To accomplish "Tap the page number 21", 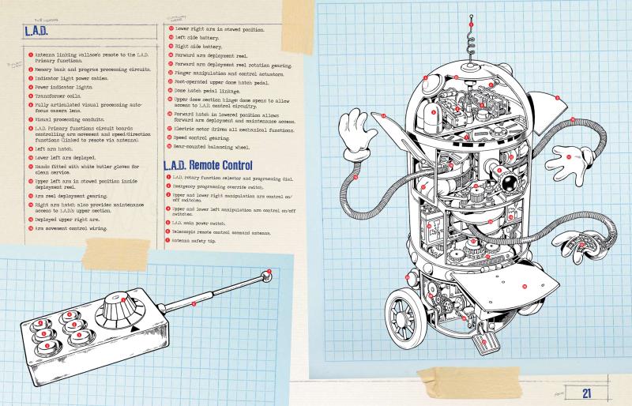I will (587, 393).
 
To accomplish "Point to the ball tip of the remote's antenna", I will (267, 273).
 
